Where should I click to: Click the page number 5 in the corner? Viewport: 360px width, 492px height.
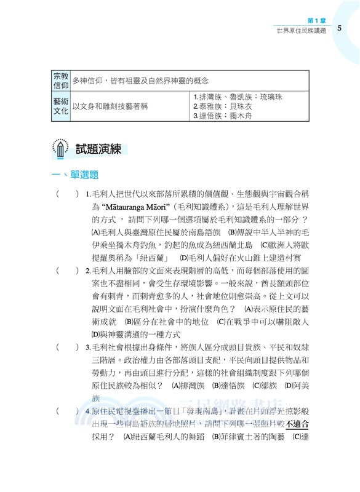coord(340,29)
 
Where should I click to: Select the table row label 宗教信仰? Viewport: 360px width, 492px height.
coord(61,81)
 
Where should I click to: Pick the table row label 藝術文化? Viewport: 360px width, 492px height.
coord(61,106)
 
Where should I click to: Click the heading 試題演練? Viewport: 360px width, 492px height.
coord(98,149)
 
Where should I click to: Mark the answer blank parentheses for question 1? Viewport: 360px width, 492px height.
coord(68,194)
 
